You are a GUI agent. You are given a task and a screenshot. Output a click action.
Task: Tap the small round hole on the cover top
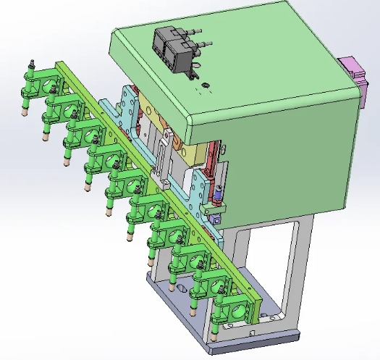coord(205,87)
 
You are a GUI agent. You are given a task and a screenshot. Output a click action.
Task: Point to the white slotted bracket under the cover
coord(164,148)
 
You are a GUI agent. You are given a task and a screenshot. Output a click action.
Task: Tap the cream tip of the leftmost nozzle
coord(25,113)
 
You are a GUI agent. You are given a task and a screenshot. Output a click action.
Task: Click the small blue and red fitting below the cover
coord(217,196)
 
